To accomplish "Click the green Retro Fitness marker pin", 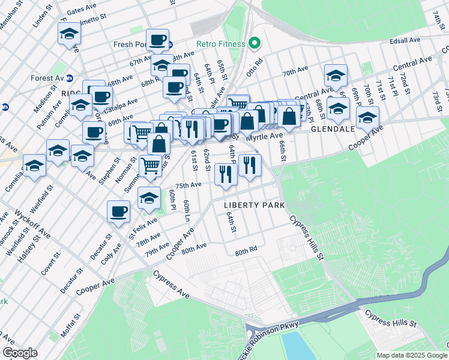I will pyautogui.click(x=255, y=43).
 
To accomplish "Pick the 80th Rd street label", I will pyautogui.click(x=246, y=250).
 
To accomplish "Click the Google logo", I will pyautogui.click(x=20, y=353).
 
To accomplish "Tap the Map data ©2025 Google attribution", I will pyautogui.click(x=411, y=355).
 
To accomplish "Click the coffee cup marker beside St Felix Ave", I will pyautogui.click(x=119, y=212).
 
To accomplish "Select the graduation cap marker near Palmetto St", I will pyautogui.click(x=70, y=35).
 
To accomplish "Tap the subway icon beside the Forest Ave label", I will pyautogui.click(x=70, y=77).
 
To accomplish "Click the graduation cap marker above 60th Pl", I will pyautogui.click(x=149, y=198).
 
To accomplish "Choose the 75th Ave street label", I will pyautogui.click(x=188, y=185).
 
